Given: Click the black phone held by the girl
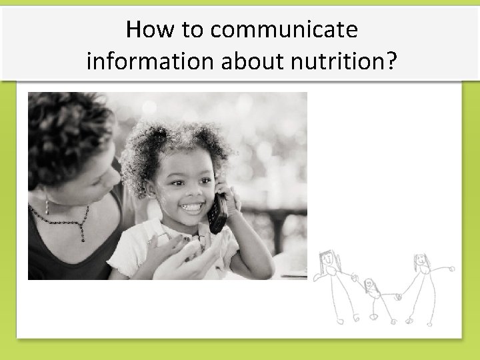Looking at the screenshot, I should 218,212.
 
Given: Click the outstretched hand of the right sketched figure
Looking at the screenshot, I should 452,269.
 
